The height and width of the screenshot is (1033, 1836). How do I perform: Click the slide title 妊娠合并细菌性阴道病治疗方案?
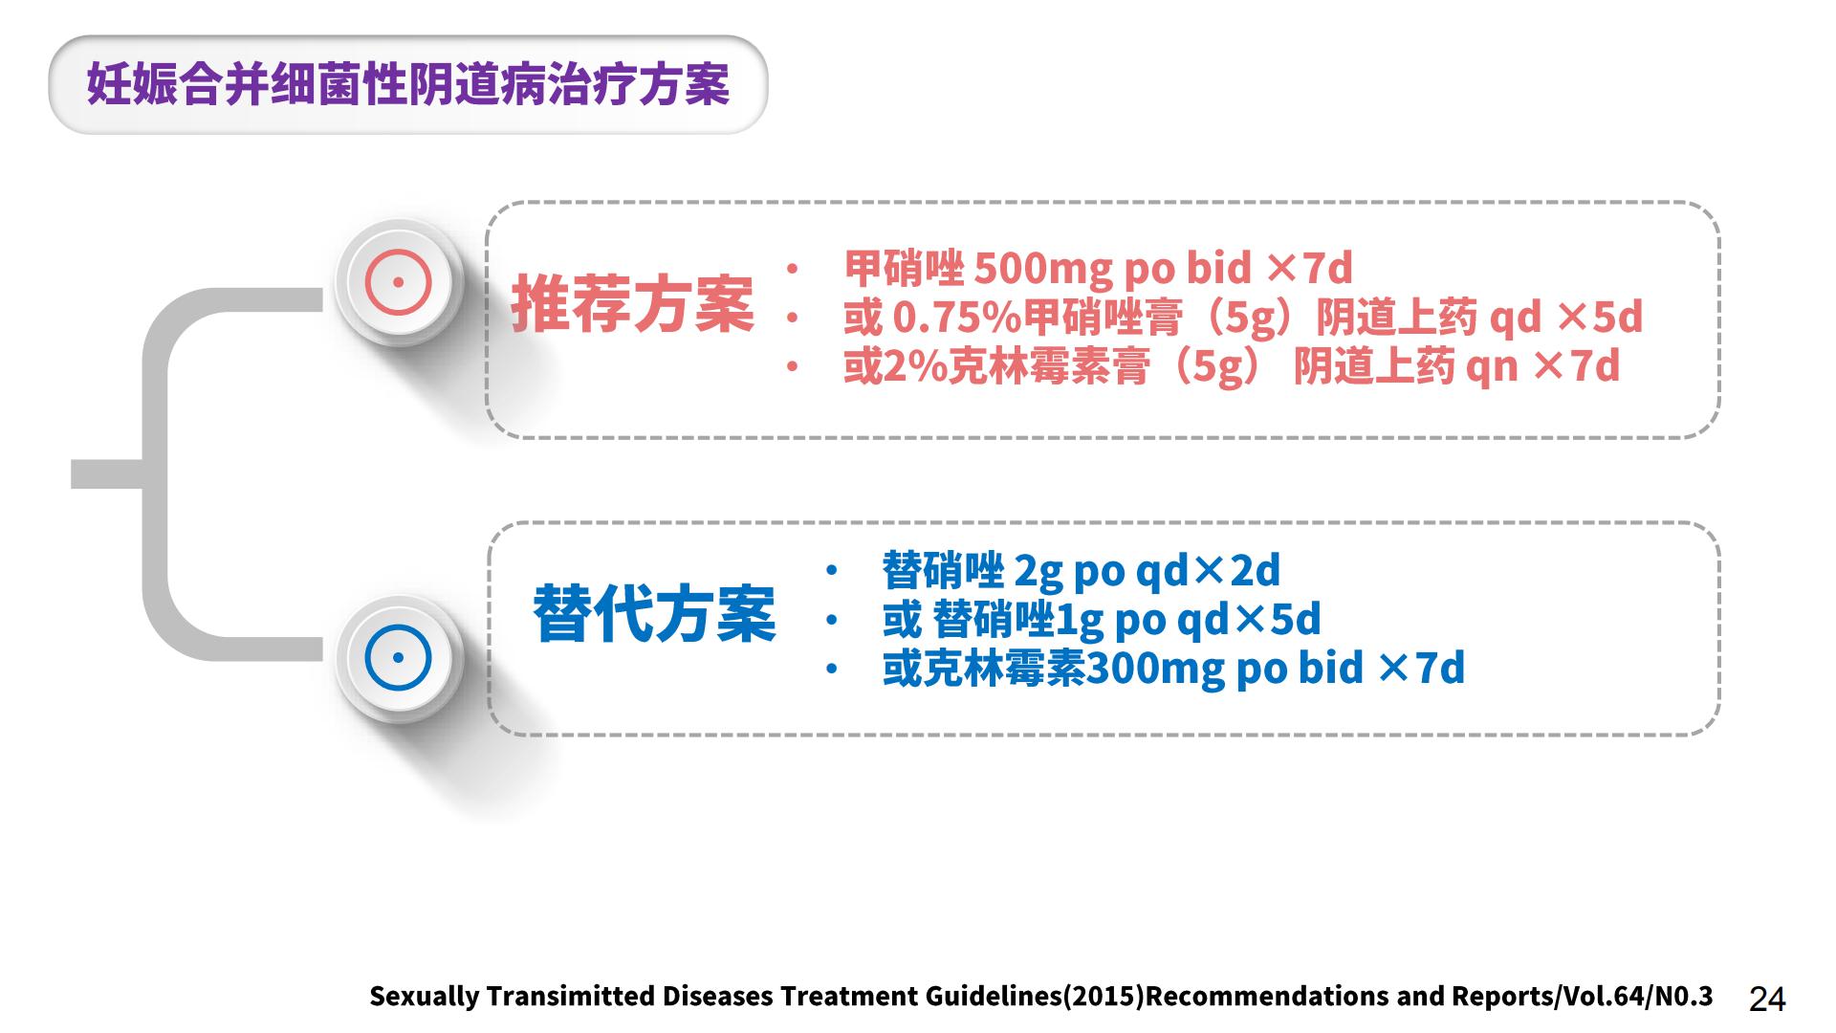coord(408,84)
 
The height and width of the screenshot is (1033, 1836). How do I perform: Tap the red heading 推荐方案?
coord(632,304)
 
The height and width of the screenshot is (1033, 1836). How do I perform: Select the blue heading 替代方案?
coord(654,613)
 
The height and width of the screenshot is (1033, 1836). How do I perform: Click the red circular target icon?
coord(399,282)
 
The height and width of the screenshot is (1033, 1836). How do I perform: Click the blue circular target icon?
coord(399,658)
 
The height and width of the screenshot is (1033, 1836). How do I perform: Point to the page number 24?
coord(1767,999)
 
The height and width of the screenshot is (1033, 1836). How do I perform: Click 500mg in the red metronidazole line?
coord(1042,269)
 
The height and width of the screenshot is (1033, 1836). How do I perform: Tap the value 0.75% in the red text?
coord(956,318)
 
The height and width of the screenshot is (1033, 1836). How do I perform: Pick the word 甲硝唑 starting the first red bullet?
coord(905,268)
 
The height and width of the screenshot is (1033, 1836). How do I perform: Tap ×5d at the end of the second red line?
coord(1600,318)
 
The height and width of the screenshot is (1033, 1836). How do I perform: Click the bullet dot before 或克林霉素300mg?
coord(832,669)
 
